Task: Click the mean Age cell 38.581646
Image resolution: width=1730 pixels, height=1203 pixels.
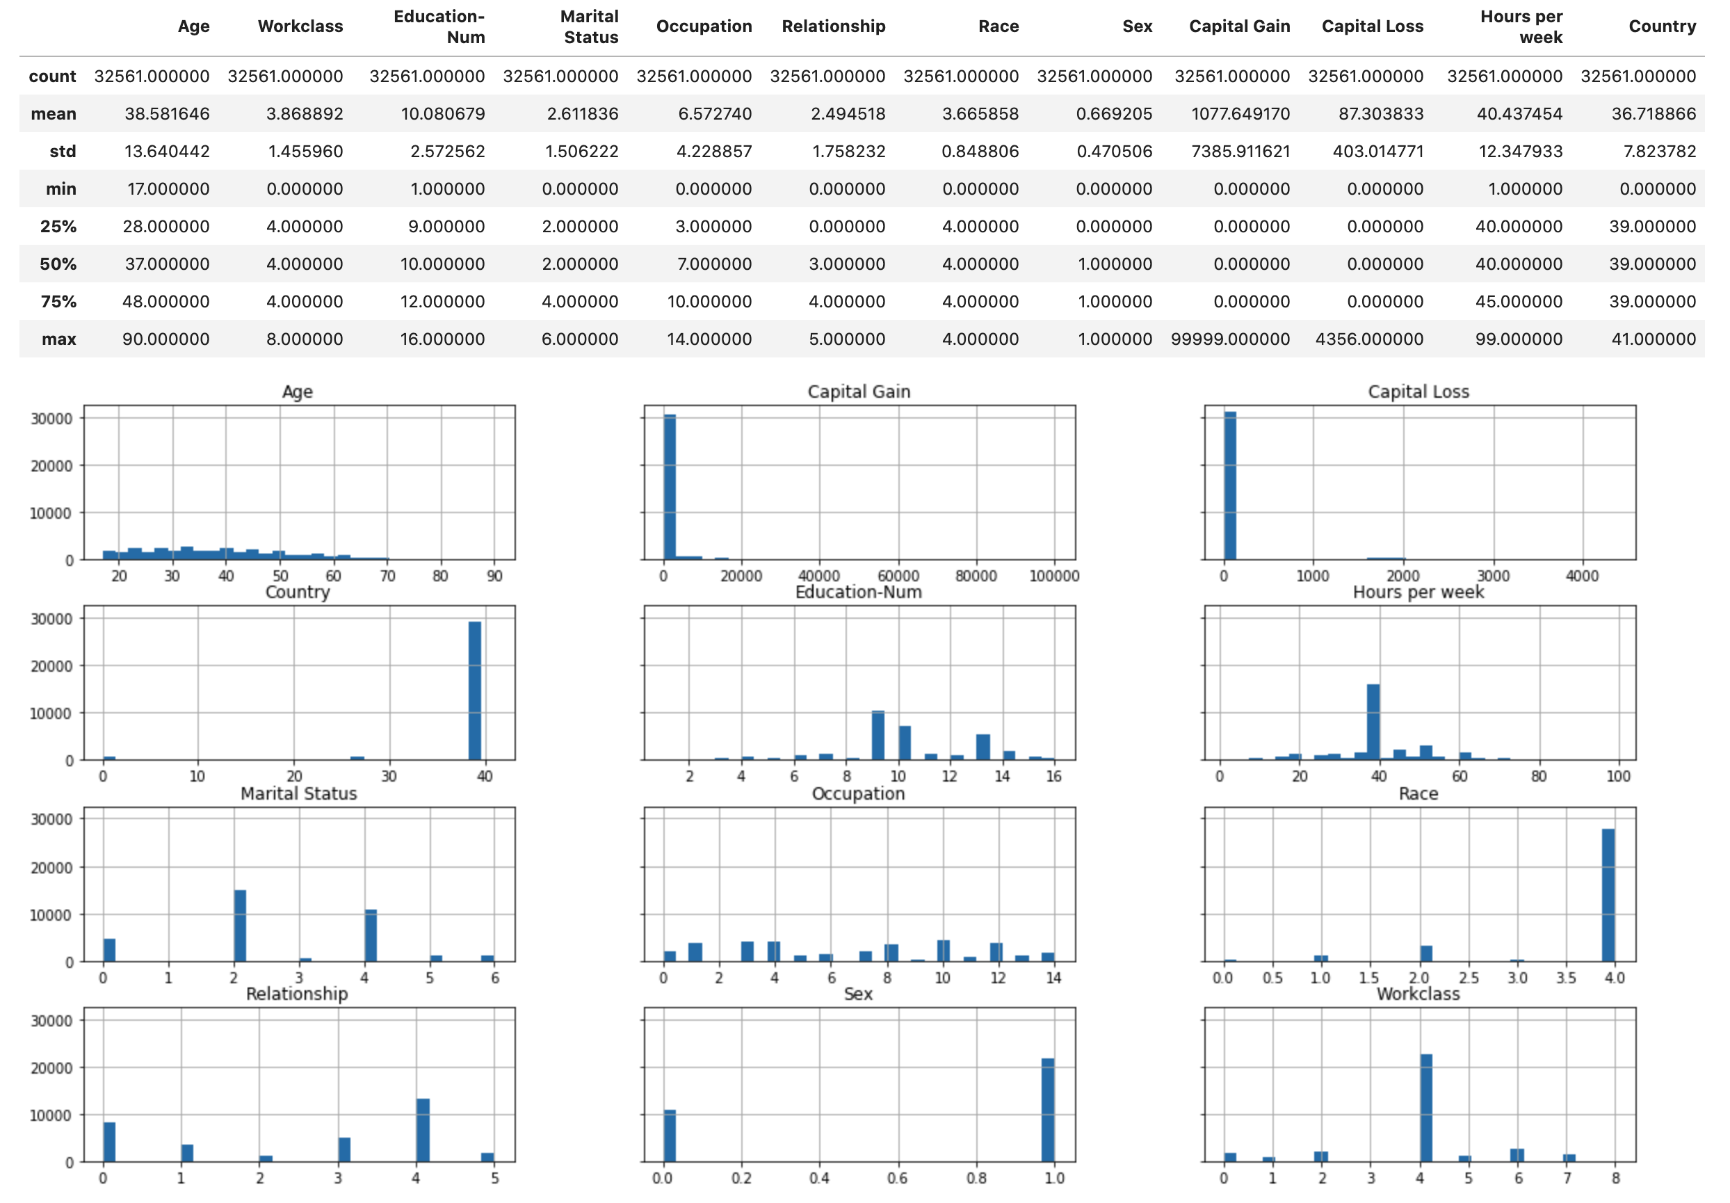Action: point(166,114)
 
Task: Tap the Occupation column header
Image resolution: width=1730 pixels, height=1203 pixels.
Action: point(704,26)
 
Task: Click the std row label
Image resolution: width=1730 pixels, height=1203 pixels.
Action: point(63,152)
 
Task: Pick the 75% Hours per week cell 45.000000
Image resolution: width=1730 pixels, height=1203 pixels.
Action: point(1519,302)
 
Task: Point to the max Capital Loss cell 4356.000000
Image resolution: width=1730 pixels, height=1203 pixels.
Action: point(1369,339)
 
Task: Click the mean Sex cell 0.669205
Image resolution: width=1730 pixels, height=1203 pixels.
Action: point(1114,114)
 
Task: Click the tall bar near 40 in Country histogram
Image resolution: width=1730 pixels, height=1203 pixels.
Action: point(475,690)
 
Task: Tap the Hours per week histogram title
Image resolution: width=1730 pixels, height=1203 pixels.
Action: point(1418,592)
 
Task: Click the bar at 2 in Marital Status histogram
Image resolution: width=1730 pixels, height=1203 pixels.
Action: point(240,926)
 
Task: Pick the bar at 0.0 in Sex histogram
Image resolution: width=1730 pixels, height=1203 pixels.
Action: point(669,1135)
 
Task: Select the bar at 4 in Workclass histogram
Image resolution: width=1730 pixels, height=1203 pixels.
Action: point(1425,1107)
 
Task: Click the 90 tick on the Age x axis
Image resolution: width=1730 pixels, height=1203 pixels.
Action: point(494,576)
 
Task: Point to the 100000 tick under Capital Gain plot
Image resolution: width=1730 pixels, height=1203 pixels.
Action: point(1054,576)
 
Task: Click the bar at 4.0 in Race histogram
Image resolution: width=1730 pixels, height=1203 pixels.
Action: point(1608,895)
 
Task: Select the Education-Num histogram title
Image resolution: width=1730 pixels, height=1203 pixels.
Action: point(858,592)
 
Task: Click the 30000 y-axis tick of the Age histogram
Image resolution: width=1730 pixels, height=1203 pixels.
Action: point(51,419)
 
